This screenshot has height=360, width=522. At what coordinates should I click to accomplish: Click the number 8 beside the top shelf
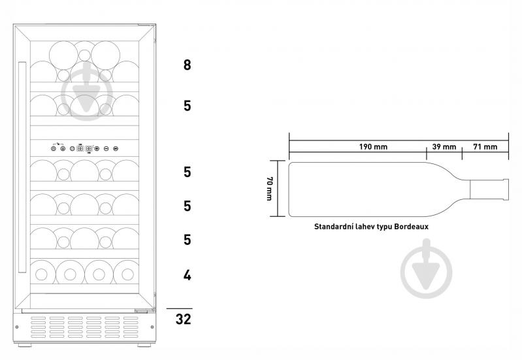click(187, 65)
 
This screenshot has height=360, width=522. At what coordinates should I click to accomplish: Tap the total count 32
click(183, 319)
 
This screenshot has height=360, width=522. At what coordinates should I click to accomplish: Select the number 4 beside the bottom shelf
click(187, 275)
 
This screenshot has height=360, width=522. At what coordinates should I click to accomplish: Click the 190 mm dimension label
click(373, 146)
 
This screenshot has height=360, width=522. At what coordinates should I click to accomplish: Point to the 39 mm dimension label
click(444, 146)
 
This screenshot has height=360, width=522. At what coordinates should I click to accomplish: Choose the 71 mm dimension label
click(485, 146)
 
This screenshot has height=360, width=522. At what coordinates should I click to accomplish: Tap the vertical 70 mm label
click(270, 188)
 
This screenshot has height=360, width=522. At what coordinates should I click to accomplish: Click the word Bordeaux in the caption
click(411, 227)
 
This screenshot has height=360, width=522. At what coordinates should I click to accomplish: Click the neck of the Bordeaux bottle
click(489, 190)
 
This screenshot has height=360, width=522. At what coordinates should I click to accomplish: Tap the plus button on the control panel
click(97, 148)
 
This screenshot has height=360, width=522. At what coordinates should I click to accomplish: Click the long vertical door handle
click(22, 167)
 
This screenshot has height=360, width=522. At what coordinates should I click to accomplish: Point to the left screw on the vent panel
click(17, 327)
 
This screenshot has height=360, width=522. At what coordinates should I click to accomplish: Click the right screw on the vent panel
click(152, 327)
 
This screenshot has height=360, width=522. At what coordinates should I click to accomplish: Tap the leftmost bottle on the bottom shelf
click(42, 274)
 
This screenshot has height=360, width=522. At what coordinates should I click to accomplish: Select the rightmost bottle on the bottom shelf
click(127, 274)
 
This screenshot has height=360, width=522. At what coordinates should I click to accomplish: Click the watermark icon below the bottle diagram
click(427, 269)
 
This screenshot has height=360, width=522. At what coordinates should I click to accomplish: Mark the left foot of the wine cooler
click(25, 345)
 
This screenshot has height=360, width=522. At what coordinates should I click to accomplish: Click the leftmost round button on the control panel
click(54, 148)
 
